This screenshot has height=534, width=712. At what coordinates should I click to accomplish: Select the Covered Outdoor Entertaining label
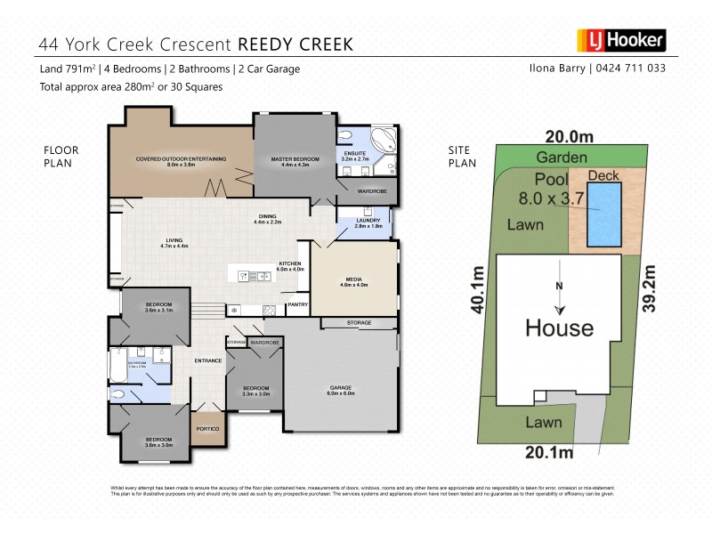click(181, 161)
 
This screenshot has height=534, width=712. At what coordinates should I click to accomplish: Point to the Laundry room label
click(368, 223)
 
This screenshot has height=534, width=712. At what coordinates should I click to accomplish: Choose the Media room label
click(353, 282)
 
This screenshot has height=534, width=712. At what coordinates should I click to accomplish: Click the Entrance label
click(207, 360)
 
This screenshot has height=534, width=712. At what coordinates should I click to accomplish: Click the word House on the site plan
click(558, 328)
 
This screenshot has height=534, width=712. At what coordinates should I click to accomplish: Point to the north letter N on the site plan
click(558, 286)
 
